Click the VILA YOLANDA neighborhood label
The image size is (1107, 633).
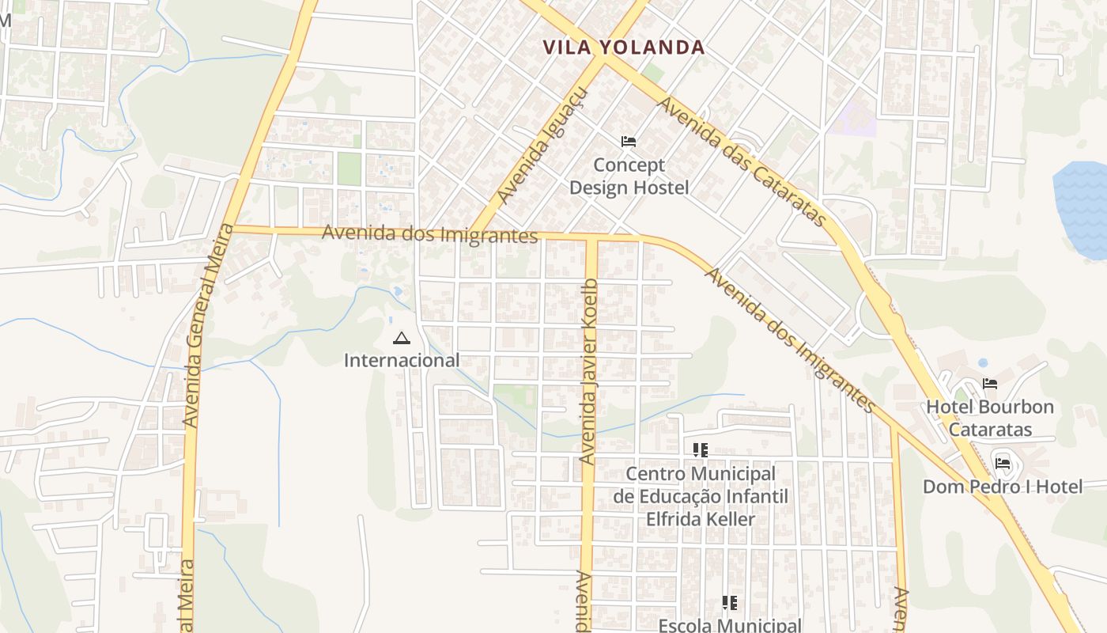pyautogui.click(x=624, y=47)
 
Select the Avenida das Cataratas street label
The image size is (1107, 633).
pyautogui.click(x=742, y=161)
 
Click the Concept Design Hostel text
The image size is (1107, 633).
pyautogui.click(x=629, y=176)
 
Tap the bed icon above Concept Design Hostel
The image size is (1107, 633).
pyautogui.click(x=629, y=142)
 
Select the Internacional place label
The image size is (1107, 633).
pyautogui.click(x=402, y=360)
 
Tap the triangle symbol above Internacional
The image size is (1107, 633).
pyautogui.click(x=402, y=339)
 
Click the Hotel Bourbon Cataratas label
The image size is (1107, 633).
pyautogui.click(x=990, y=418)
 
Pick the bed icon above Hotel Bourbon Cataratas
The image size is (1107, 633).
pyautogui.click(x=990, y=384)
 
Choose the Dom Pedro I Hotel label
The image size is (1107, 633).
pyautogui.click(x=1003, y=487)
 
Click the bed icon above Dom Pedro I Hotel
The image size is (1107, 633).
pyautogui.click(x=1003, y=463)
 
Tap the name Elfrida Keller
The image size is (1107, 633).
pyautogui.click(x=701, y=519)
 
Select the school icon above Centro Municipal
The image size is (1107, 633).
pyautogui.click(x=701, y=450)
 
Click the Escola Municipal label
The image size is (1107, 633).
pyautogui.click(x=730, y=625)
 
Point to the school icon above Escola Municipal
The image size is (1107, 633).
pyautogui.click(x=730, y=603)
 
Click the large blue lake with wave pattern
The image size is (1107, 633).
pyautogui.click(x=1081, y=210)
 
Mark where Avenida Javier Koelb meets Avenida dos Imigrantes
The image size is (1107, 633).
pyautogui.click(x=591, y=237)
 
